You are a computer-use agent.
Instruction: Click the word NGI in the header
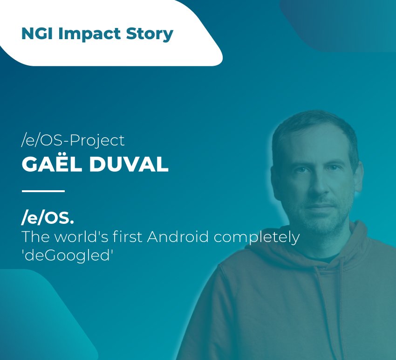click(37, 34)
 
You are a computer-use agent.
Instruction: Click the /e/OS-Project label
click(73, 140)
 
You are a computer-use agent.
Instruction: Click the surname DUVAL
click(129, 164)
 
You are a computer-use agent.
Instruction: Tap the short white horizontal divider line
click(43, 191)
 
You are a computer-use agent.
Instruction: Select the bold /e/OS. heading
click(48, 218)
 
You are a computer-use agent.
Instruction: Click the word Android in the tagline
click(178, 237)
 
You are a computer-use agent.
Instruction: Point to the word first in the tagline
click(128, 237)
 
